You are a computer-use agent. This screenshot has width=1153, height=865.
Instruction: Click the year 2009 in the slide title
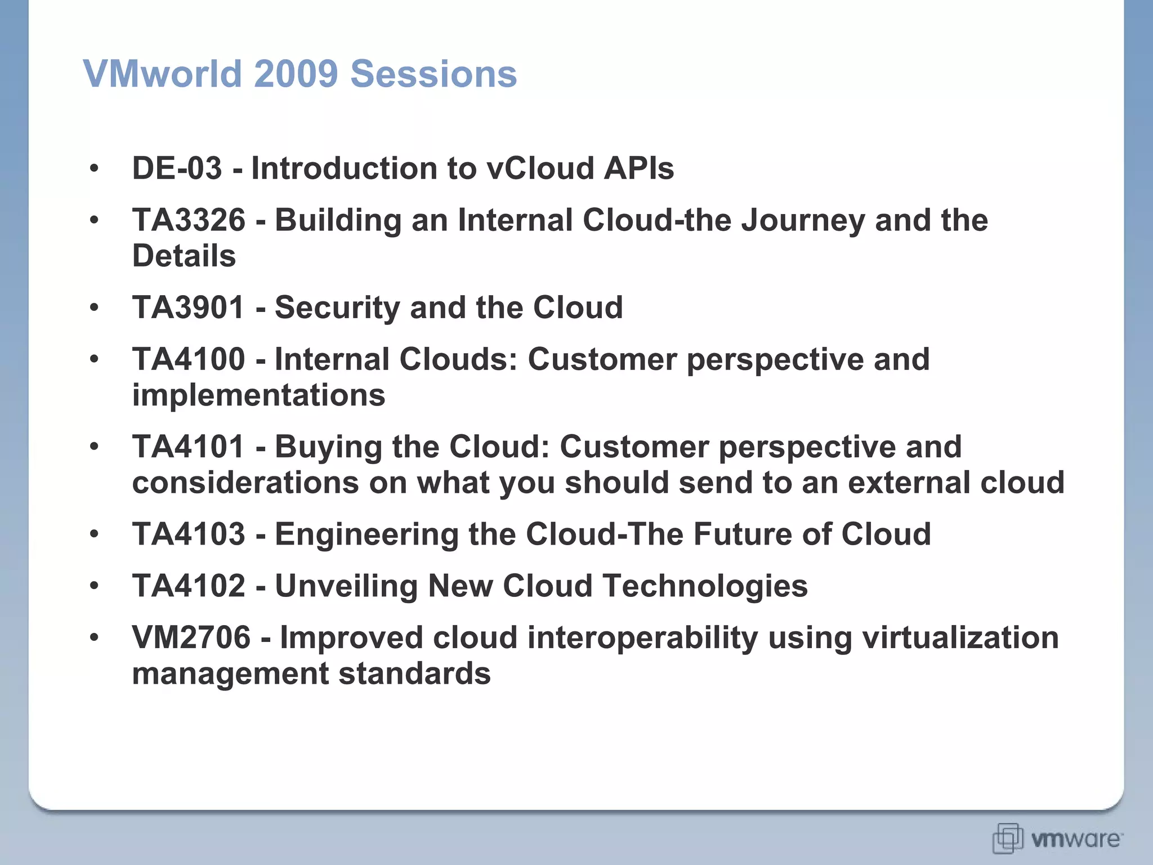tap(296, 74)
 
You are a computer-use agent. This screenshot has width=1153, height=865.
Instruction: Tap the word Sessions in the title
tap(433, 74)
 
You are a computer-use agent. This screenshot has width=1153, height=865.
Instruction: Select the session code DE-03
tap(177, 168)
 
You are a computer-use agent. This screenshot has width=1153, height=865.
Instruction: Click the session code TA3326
tap(189, 220)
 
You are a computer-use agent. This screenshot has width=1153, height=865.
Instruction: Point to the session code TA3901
tap(188, 307)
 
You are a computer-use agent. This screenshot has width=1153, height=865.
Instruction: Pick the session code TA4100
tap(189, 359)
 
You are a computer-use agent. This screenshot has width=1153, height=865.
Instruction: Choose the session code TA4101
tap(188, 447)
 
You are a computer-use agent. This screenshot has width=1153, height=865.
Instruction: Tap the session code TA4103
tap(189, 534)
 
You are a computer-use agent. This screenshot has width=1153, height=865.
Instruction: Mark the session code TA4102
tap(189, 586)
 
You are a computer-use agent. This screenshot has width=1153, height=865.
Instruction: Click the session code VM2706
tap(191, 637)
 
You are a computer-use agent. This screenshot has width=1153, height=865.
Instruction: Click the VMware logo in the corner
tap(1057, 839)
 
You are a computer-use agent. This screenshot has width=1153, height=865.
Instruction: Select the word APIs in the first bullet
tap(638, 168)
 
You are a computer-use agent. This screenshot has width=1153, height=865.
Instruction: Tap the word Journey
tap(803, 220)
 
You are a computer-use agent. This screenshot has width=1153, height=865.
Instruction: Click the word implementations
tap(258, 395)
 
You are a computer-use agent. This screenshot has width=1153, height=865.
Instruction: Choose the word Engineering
tap(367, 534)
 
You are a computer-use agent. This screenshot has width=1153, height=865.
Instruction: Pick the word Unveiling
tap(346, 586)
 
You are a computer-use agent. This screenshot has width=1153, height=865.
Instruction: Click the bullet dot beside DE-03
tap(94, 168)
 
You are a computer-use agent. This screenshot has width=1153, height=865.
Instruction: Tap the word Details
tap(184, 256)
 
